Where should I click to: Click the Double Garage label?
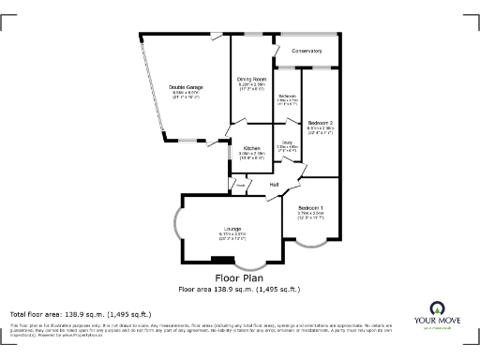(x=187, y=87)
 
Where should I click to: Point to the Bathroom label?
(x=287, y=97)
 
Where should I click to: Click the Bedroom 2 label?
(x=321, y=123)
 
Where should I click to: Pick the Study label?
(x=287, y=142)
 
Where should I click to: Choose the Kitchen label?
(x=251, y=148)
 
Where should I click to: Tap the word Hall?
(x=274, y=185)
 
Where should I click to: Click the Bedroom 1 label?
(x=310, y=207)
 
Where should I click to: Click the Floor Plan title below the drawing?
(x=239, y=278)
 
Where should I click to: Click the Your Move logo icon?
(x=437, y=308)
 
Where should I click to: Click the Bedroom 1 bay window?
(x=310, y=246)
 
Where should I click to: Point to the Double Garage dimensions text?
(x=187, y=94)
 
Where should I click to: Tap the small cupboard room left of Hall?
(x=241, y=186)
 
